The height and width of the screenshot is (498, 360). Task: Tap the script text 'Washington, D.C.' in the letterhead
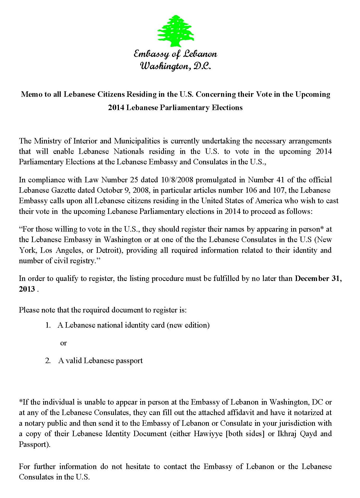[175, 66]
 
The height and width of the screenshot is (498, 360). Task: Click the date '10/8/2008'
[178, 180]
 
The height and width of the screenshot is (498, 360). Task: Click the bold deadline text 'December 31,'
[318, 279]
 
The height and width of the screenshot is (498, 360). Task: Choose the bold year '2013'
[27, 289]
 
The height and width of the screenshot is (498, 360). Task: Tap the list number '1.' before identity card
[48, 325]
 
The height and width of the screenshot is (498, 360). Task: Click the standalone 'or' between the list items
[63, 343]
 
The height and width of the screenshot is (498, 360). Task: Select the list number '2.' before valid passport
[48, 361]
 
